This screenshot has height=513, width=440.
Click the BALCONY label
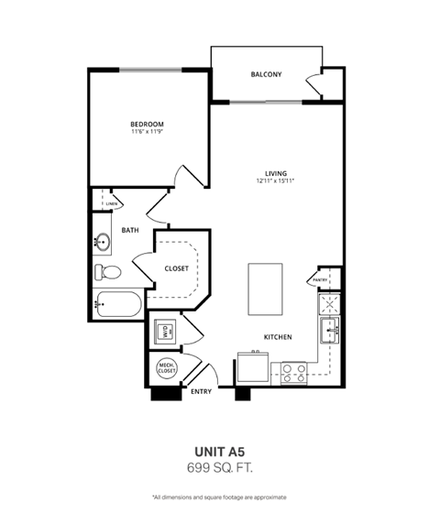click(x=268, y=74)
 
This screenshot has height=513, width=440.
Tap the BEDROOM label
click(x=147, y=124)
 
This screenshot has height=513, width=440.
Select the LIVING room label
click(x=276, y=173)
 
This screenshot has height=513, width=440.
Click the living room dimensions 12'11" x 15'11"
click(x=276, y=181)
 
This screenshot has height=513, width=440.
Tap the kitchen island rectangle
click(x=265, y=289)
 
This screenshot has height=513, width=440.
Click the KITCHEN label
click(x=278, y=337)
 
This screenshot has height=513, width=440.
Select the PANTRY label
click(x=320, y=279)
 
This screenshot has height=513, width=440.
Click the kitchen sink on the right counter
click(x=329, y=325)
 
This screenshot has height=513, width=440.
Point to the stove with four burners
click(x=293, y=371)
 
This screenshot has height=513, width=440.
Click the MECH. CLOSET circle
click(x=166, y=369)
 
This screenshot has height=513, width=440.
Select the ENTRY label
click(x=202, y=391)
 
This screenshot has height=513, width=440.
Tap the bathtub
click(x=117, y=304)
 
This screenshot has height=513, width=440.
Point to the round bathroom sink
click(x=103, y=243)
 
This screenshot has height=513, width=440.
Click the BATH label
click(x=130, y=230)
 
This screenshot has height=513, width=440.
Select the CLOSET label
click(x=177, y=268)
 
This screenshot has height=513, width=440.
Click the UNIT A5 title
click(x=220, y=451)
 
